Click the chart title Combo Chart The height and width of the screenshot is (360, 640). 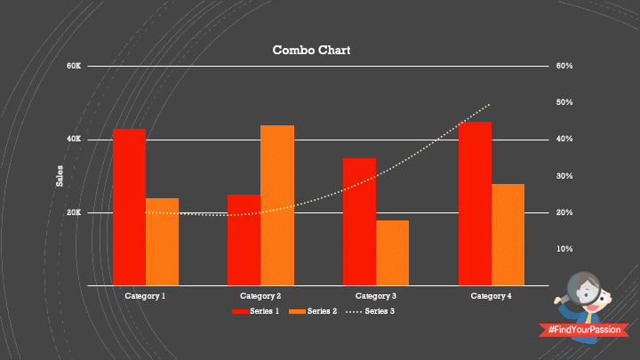pos(311,51)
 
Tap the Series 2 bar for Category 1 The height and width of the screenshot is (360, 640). pos(162,241)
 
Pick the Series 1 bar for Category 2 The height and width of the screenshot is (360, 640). pos(244,239)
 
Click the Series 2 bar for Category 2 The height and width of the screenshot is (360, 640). pos(277,204)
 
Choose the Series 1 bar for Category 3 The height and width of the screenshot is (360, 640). pos(359,221)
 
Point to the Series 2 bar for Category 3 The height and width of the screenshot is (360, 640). pos(392,252)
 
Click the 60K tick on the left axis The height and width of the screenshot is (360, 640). pos(74,67)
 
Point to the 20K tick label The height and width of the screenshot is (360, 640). pos(74,213)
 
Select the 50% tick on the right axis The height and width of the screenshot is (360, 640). pos(564,103)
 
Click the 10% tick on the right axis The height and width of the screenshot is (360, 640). pos(564,249)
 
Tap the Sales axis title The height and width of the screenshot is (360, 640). pos(60,176)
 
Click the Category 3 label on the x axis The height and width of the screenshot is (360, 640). pos(376,295)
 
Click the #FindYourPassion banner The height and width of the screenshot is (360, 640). pos(583,330)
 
